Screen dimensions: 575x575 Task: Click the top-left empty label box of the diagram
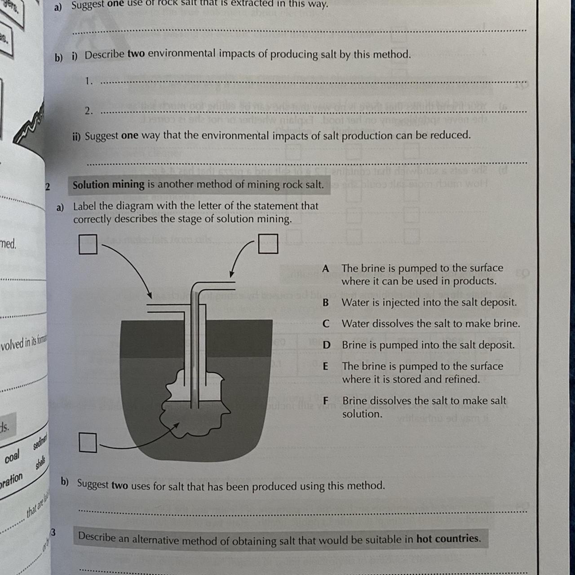88,244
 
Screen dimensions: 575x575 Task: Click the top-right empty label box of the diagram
268,244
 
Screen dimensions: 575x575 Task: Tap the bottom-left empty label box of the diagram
88,442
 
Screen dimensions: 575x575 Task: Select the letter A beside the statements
326,269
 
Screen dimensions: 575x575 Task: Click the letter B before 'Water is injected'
326,303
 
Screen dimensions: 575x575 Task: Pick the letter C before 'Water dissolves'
326,324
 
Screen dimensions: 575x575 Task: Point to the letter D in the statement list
327,345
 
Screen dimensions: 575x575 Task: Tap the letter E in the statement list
326,367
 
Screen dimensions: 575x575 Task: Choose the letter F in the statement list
326,401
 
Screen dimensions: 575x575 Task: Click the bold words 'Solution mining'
108,185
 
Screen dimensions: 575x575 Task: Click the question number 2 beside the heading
48,186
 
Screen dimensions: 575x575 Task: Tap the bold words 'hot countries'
447,538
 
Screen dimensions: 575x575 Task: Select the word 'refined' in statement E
461,379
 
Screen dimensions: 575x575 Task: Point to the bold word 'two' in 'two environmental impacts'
136,54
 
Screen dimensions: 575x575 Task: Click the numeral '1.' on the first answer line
88,81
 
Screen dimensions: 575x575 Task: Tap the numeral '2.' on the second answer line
88,111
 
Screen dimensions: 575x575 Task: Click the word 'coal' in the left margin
12,457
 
